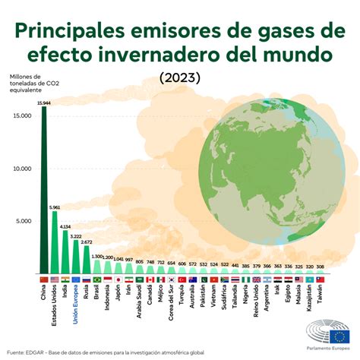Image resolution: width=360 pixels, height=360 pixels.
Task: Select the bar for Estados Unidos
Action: click(x=55, y=243)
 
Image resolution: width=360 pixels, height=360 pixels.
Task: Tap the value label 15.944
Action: click(x=44, y=102)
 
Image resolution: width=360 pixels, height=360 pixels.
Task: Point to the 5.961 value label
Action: click(x=55, y=207)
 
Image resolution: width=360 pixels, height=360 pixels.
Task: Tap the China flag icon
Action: click(x=43, y=279)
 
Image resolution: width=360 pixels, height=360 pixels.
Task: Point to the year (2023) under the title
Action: click(x=180, y=77)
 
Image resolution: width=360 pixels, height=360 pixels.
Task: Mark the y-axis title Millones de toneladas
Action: click(x=32, y=81)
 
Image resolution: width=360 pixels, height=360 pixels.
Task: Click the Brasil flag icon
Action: click(x=96, y=279)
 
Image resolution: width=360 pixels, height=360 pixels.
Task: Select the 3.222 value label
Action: click(x=75, y=236)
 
